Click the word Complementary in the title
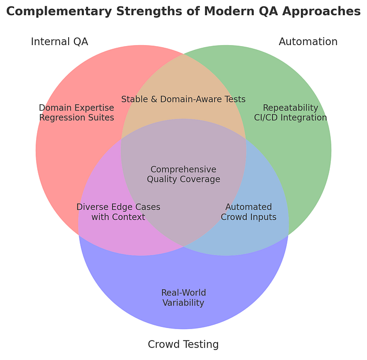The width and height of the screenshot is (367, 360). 59,12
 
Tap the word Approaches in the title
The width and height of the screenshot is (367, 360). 321,12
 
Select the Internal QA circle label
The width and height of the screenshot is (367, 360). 59,41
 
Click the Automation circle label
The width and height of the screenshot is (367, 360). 308,41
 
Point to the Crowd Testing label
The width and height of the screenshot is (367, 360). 183,344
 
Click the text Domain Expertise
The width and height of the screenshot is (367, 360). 77,108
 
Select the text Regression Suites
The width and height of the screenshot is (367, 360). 77,117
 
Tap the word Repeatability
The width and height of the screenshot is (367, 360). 290,108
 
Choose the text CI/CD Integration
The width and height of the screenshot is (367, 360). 290,117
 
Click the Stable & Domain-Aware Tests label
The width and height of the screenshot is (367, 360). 183,99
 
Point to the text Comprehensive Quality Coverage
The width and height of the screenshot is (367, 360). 183,174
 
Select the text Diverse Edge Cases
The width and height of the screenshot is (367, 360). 118,207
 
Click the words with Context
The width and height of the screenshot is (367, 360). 118,217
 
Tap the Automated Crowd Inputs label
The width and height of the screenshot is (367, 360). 249,212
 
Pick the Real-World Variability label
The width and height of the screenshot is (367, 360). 183,298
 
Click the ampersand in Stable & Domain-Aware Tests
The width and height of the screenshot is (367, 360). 154,99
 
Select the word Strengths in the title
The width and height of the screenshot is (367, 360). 149,12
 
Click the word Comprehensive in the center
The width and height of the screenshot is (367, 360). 183,169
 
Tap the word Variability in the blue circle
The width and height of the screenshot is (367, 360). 183,303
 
